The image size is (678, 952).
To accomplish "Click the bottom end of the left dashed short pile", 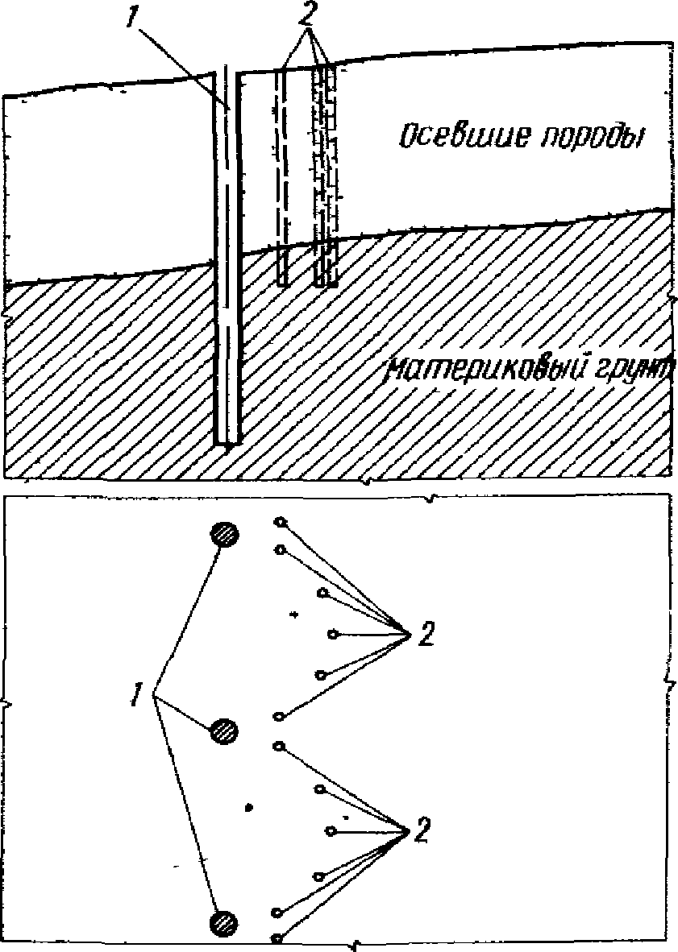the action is tap(282, 283).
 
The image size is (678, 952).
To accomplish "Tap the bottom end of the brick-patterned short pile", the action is tap(325, 284).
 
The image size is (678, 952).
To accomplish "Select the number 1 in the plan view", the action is tap(139, 693).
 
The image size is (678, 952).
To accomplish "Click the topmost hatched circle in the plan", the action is tap(226, 533).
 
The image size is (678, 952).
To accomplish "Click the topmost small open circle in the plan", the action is tap(280, 522).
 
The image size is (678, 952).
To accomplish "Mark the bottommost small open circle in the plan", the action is tap(277, 938).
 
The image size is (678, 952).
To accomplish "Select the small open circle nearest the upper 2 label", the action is tap(332, 635).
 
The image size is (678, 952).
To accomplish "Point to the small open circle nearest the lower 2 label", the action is tap(330, 830).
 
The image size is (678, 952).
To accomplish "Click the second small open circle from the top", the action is tap(280, 549).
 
